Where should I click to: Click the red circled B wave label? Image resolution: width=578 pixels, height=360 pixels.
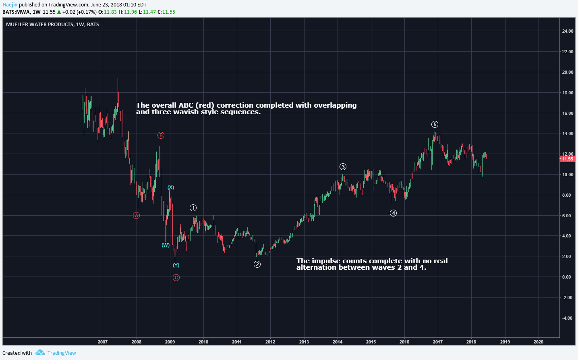(161, 135)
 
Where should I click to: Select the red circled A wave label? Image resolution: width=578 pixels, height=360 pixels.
(137, 215)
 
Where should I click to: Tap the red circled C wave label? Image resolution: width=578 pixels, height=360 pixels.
(176, 277)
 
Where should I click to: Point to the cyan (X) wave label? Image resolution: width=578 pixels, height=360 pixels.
(171, 187)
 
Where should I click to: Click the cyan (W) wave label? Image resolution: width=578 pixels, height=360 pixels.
(166, 245)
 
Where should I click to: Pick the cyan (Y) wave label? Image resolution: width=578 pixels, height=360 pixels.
(176, 265)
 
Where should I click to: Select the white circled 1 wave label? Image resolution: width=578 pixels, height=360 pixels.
(193, 208)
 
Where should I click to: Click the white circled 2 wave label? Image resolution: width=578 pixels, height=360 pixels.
(257, 264)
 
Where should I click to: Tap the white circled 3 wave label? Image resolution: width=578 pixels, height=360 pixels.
(343, 167)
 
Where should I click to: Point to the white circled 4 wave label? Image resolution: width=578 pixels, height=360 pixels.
(393, 213)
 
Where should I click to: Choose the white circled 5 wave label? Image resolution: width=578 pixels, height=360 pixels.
(435, 125)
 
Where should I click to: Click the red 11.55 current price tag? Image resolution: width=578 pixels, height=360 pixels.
(567, 159)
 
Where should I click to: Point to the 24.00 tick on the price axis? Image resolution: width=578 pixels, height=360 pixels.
(568, 31)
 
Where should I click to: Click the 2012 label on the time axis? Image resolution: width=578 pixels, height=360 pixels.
(270, 342)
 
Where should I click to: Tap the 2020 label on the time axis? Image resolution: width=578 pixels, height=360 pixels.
(538, 342)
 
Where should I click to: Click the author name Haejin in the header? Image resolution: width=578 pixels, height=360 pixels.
(10, 5)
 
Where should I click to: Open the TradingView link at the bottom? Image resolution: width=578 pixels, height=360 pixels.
(61, 353)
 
